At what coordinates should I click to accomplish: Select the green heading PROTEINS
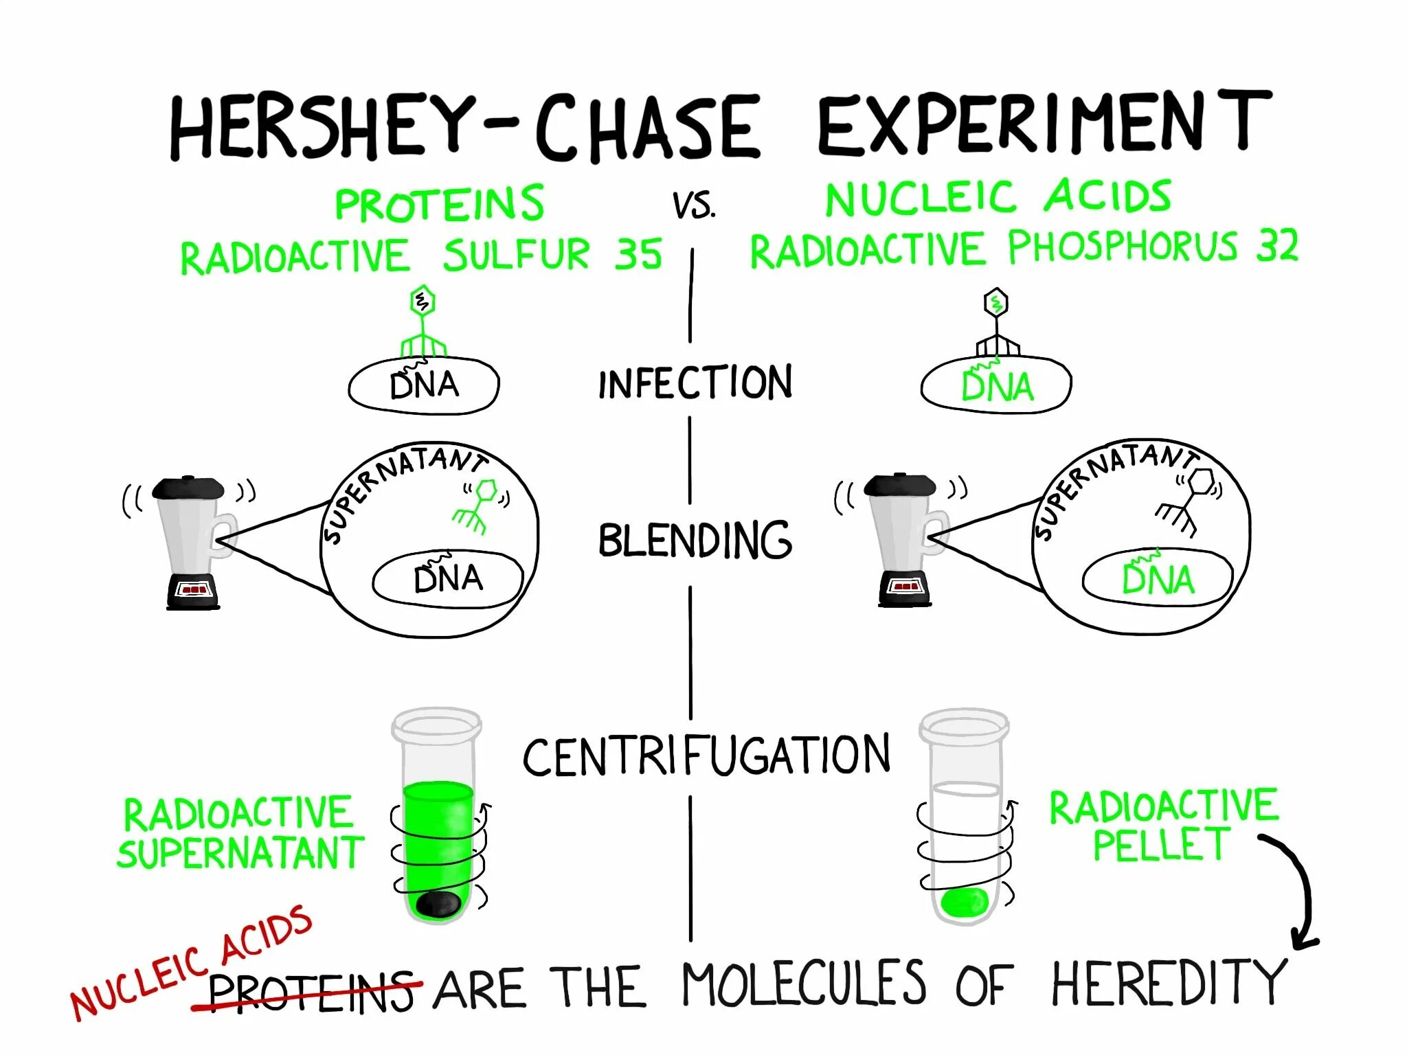click(439, 203)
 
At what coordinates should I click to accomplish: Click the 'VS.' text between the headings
click(693, 205)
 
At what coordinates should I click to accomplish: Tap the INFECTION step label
click(695, 383)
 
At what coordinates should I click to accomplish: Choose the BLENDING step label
click(695, 540)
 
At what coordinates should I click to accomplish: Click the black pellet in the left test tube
click(439, 904)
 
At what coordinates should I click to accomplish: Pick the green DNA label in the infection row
click(997, 387)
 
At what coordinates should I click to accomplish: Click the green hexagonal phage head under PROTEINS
click(422, 301)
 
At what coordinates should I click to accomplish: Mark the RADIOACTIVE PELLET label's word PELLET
click(1160, 845)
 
